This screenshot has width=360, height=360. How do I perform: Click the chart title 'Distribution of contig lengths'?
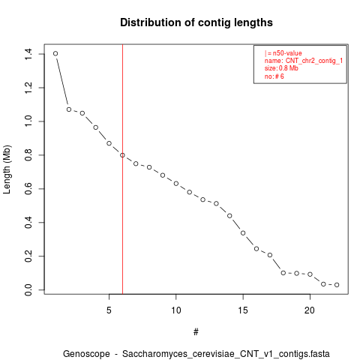coord(196,22)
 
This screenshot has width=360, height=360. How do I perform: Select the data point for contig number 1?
coord(55,53)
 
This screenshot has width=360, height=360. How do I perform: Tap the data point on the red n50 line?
coord(122,155)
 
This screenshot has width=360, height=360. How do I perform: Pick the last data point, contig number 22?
coord(337,285)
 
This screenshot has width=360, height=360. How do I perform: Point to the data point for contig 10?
coord(176,184)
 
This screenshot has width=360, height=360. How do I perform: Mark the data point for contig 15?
coord(243,233)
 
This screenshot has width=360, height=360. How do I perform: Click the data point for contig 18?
coord(283,273)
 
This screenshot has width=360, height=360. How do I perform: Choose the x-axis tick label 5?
coord(109,310)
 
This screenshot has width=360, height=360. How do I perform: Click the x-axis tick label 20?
coord(310,310)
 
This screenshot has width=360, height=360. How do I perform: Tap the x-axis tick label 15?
coord(243,310)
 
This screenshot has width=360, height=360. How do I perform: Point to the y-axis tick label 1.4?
coord(28,54)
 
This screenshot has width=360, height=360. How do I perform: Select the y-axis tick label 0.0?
coord(28,290)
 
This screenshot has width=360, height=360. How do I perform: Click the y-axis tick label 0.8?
coord(28,155)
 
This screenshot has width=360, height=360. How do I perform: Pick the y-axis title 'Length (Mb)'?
coord(7,169)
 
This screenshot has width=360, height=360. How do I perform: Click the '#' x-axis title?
coord(196,332)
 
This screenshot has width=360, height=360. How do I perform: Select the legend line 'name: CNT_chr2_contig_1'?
coord(304,61)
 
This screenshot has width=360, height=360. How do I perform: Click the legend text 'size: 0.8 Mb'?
coord(281,68)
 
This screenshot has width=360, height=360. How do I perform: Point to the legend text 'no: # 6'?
coord(274,76)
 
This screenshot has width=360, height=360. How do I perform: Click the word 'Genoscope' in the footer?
coord(86,354)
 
